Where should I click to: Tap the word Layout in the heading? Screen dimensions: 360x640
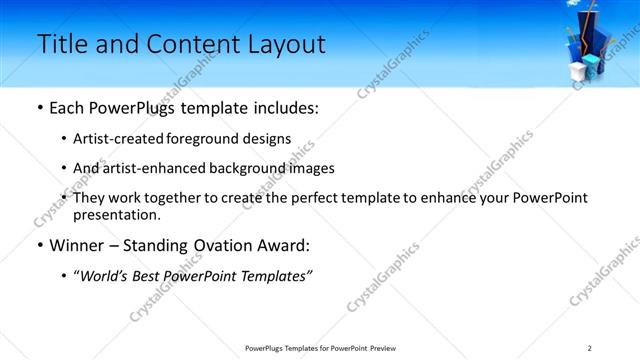[x=285, y=44]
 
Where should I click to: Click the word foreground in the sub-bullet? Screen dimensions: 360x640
[x=217, y=139]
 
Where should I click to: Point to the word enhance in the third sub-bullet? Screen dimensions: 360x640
[x=471, y=198]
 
